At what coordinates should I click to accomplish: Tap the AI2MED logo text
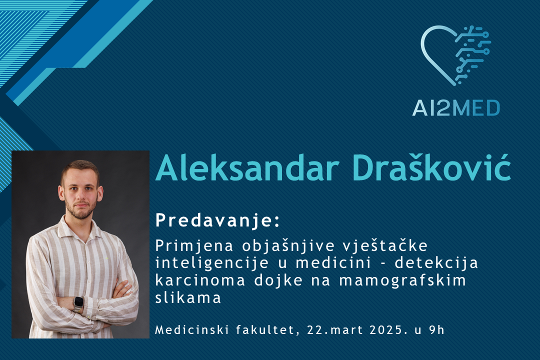pyautogui.click(x=456, y=108)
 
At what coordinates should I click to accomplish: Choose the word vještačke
pyautogui.click(x=385, y=246)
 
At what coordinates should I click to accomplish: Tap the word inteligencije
pyautogui.click(x=212, y=263)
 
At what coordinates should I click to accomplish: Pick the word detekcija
pyautogui.click(x=436, y=263)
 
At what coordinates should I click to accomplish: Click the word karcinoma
pyautogui.click(x=200, y=280)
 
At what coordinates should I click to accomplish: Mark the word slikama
pyautogui.click(x=188, y=297)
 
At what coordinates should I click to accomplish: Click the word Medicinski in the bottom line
pyautogui.click(x=192, y=329)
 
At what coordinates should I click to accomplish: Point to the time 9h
pyautogui.click(x=436, y=329)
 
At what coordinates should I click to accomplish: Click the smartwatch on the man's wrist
pyautogui.click(x=78, y=303)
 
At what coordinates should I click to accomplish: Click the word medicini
pyautogui.click(x=333, y=263)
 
